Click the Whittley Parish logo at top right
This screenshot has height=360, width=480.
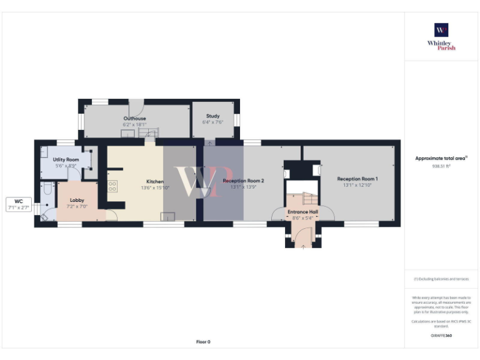click(x=441, y=36)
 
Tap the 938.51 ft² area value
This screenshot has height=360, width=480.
click(x=441, y=166)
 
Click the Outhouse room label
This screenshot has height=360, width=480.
click(x=134, y=118)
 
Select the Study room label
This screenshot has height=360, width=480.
click(x=213, y=116)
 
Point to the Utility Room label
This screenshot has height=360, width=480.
click(x=66, y=160)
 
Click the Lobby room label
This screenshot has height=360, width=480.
click(x=77, y=200)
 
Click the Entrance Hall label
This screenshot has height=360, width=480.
click(x=303, y=212)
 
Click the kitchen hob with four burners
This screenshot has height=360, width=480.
click(x=113, y=186)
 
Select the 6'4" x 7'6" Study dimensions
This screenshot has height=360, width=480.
click(x=213, y=122)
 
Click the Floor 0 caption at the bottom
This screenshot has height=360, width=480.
click(x=203, y=342)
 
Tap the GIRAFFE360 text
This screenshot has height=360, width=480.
click(x=441, y=336)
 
